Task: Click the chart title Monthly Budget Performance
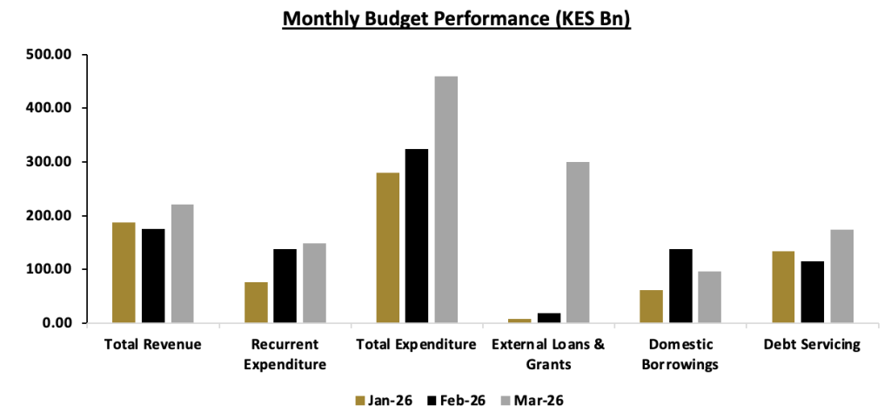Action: [x=457, y=18]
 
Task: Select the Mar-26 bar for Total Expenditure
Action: [x=446, y=199]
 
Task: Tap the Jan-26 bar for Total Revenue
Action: [x=124, y=273]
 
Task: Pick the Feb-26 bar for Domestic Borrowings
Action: [x=680, y=286]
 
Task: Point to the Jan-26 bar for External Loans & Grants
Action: [x=519, y=321]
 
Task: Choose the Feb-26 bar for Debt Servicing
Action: [x=812, y=292]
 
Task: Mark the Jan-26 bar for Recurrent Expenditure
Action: [x=256, y=302]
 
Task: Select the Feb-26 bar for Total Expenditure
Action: [x=417, y=236]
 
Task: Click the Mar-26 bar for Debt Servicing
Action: [x=841, y=276]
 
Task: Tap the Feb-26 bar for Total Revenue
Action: [x=153, y=276]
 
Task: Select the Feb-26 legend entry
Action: [x=457, y=400]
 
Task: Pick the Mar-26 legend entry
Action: [x=532, y=400]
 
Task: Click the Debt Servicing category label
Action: [x=812, y=345]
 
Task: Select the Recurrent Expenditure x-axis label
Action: [x=285, y=355]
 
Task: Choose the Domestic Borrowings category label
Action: [x=680, y=355]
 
